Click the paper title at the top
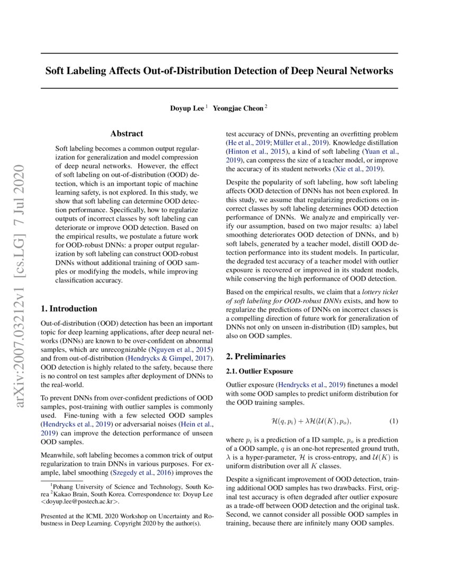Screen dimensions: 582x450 tap(219, 70)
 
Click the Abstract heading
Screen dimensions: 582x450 tap(127, 134)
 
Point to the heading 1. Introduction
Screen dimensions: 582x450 tap(69, 308)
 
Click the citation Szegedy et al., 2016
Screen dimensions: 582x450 tap(141, 472)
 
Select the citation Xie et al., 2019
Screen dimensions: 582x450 tap(357, 169)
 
